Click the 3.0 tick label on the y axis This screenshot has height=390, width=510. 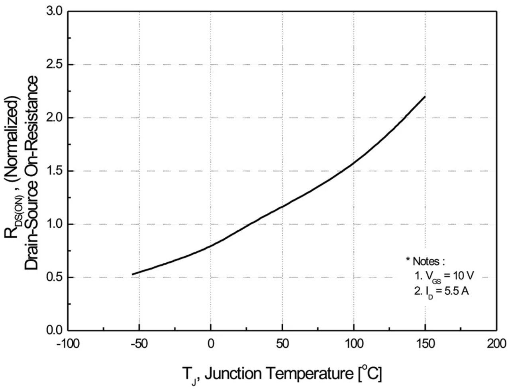[55, 11]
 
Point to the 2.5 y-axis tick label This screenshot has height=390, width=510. [55, 65]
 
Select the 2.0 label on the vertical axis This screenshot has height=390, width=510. [55, 118]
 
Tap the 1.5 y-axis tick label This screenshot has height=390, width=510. [55, 171]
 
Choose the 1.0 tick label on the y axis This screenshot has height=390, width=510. [55, 224]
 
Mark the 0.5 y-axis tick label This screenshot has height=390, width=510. [55, 277]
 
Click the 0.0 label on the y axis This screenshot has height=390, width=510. [55, 331]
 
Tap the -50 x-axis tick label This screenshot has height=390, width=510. [139, 344]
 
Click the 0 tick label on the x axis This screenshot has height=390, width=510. [211, 344]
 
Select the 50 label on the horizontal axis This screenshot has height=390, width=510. [282, 344]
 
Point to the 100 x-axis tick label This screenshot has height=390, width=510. [354, 344]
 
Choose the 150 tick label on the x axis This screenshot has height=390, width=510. [425, 344]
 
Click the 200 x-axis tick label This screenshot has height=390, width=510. [496, 344]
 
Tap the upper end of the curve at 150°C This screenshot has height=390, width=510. [425, 97]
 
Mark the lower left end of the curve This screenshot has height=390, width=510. [133, 274]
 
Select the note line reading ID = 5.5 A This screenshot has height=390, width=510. [441, 292]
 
